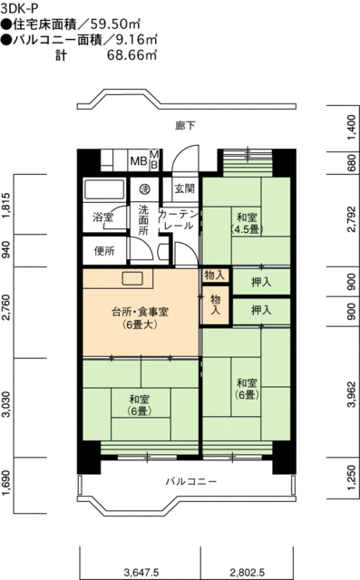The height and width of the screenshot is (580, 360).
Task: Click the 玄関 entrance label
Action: [185, 189]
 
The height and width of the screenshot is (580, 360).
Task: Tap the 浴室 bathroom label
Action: [103, 217]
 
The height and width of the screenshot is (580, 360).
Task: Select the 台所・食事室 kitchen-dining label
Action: [141, 318]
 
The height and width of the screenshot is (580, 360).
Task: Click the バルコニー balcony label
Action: [190, 481]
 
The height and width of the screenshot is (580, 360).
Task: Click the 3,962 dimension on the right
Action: [352, 392]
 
